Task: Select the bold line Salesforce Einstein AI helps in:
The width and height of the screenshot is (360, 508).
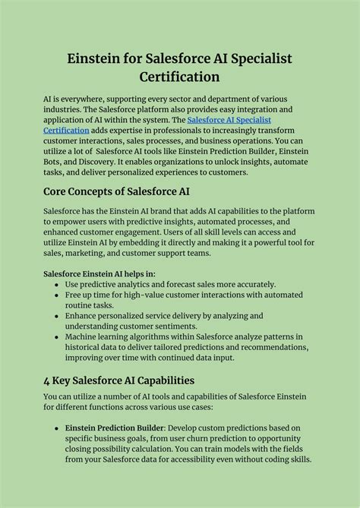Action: coord(99,273)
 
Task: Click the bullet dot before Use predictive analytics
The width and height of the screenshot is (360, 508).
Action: coord(56,284)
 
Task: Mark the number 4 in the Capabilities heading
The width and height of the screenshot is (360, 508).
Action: coord(47,380)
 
